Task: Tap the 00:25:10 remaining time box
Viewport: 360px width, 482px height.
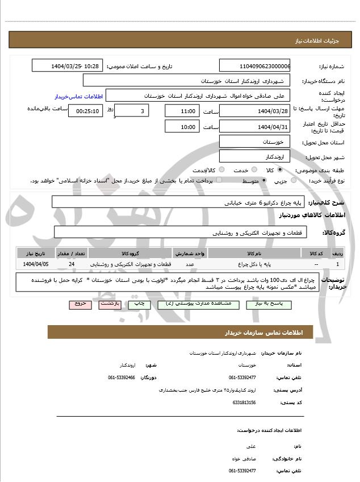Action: click(86, 111)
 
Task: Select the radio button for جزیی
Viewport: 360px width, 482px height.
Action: click(293, 181)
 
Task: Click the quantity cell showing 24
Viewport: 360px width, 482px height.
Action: click(71, 264)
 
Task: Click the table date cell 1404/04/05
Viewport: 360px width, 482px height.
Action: click(36, 264)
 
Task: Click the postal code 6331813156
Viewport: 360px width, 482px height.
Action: click(244, 402)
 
